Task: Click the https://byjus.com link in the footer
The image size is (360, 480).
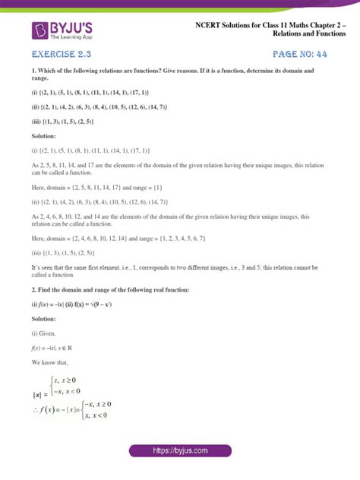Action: click(180, 450)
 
